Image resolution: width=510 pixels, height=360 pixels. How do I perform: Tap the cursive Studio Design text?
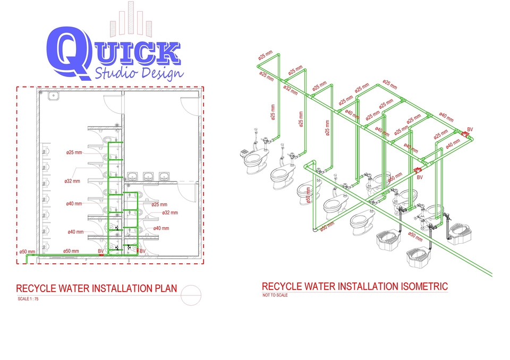(139, 72)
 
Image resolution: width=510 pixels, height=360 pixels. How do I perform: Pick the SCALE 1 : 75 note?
(28, 299)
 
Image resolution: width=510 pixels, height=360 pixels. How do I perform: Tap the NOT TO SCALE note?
(275, 295)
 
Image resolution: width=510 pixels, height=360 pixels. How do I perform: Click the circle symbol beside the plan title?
(191, 294)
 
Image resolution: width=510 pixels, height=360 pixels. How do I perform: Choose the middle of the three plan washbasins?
(147, 176)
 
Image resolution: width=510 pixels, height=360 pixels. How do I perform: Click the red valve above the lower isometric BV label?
(416, 170)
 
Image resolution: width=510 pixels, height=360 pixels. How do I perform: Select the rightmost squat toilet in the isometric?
(458, 230)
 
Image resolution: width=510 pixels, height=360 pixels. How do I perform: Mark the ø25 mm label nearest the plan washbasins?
(159, 204)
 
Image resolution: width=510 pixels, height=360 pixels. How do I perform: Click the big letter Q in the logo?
(67, 52)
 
